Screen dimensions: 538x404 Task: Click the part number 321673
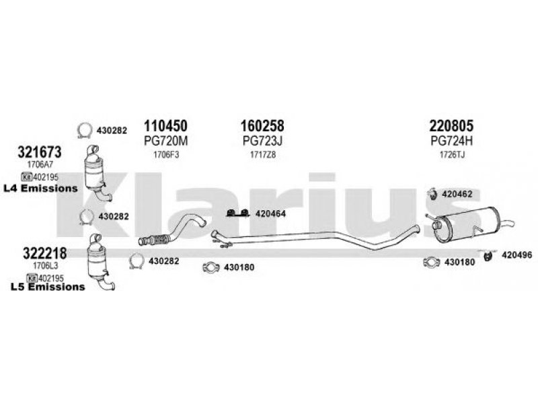(x=40, y=152)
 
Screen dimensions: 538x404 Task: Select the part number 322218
(x=45, y=254)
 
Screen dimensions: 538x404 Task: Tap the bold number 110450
(x=165, y=126)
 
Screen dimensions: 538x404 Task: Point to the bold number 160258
(x=262, y=126)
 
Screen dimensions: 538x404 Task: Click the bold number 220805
(x=451, y=126)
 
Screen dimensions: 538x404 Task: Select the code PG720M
(x=165, y=141)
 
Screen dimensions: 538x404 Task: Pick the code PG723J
(x=262, y=141)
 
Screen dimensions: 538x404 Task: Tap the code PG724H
(x=451, y=141)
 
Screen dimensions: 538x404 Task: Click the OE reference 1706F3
(x=166, y=155)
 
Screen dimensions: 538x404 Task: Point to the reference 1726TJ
(x=452, y=155)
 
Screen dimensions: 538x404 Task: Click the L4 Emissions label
(x=40, y=189)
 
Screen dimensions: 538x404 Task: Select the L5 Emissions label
(x=48, y=287)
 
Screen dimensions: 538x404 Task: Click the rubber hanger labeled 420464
(x=237, y=213)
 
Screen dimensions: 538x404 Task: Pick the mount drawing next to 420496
(x=488, y=256)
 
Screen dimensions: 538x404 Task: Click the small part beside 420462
(x=432, y=194)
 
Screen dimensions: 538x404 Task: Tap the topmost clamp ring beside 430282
(x=85, y=131)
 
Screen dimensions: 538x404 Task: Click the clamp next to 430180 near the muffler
(x=431, y=263)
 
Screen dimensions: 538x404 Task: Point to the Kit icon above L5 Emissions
(x=32, y=277)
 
